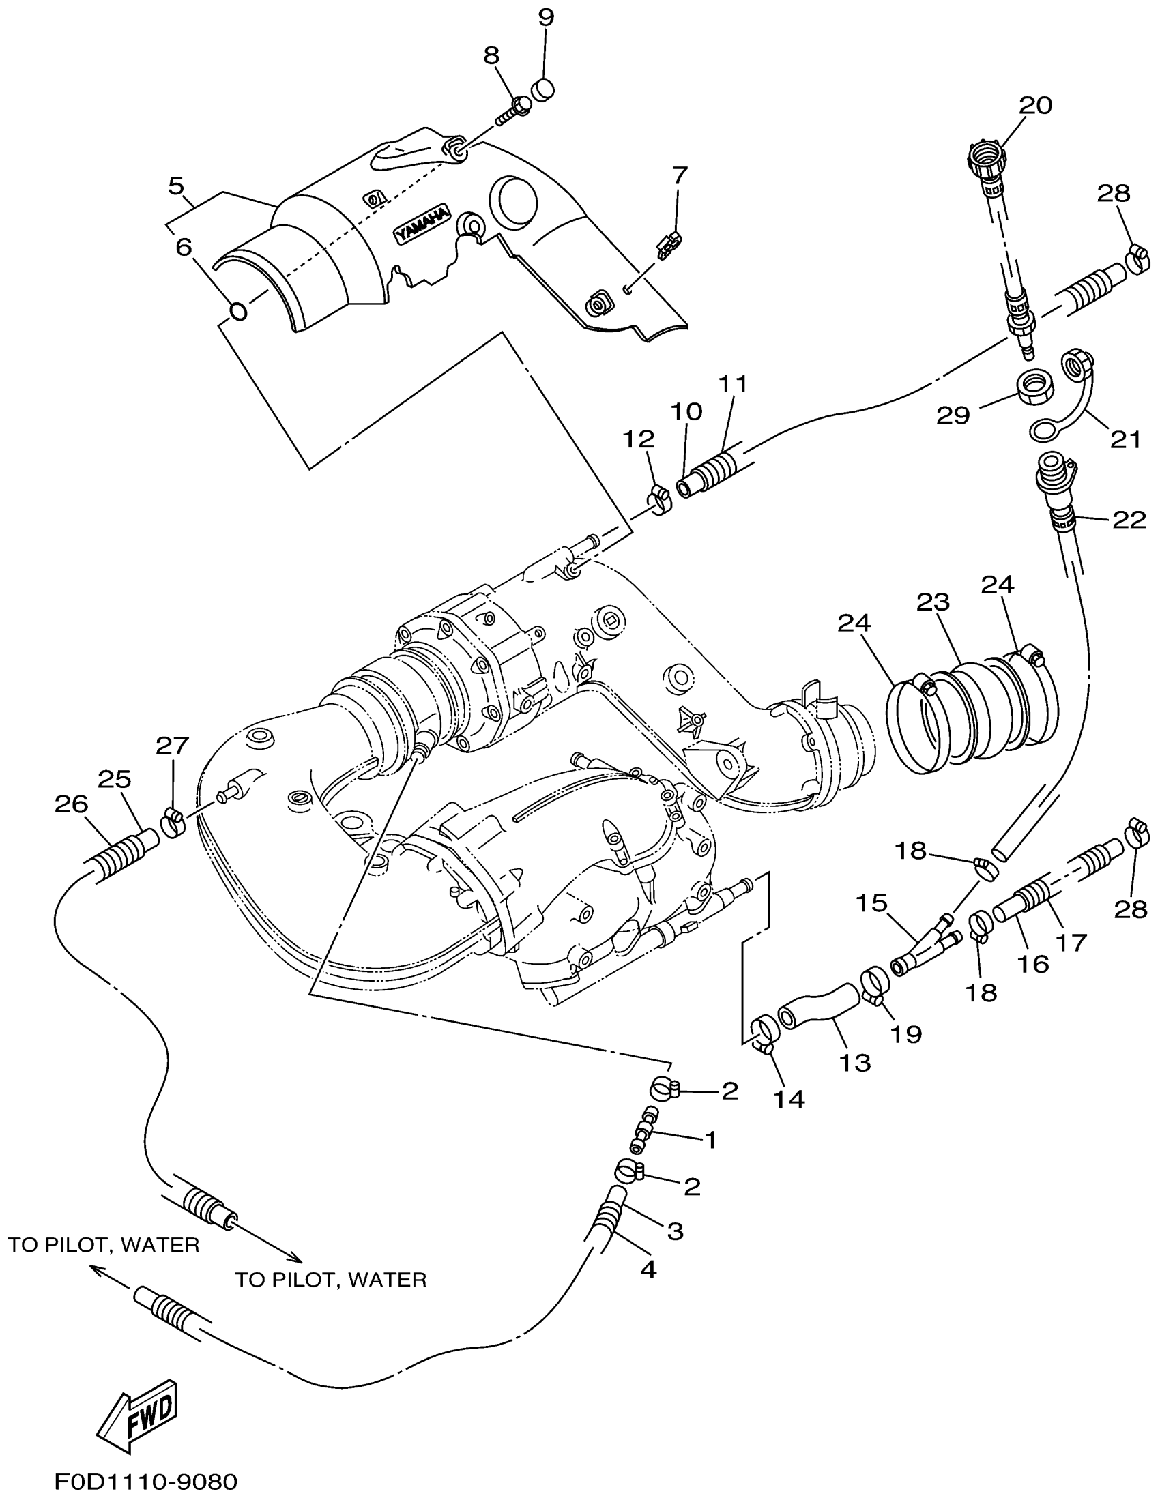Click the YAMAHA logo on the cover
tap(421, 224)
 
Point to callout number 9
tap(545, 17)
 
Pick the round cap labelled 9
tap(543, 90)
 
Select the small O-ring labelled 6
tap(237, 310)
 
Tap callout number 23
tap(933, 602)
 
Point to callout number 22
tap(1129, 520)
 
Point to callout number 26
tap(72, 804)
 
